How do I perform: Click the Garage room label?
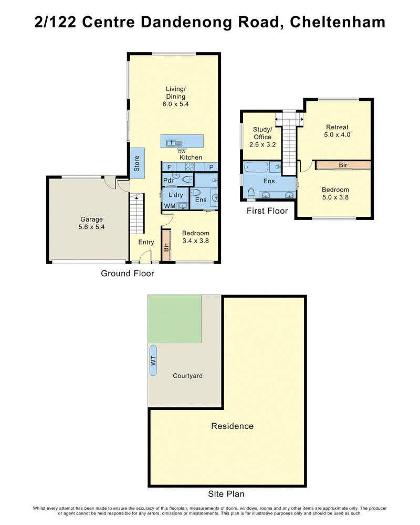[91, 219]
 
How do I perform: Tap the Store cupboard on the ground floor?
[138, 163]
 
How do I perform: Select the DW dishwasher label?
[182, 152]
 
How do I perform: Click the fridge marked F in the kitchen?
[169, 167]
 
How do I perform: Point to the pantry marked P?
[212, 167]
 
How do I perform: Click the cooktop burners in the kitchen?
[190, 167]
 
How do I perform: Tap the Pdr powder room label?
[168, 181]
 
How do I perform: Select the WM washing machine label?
[170, 206]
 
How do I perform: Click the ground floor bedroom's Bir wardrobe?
[166, 245]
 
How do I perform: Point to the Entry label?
[146, 242]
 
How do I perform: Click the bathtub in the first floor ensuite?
[256, 167]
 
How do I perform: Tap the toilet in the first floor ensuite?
[251, 193]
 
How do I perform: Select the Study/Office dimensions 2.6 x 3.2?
[262, 145]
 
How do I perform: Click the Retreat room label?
[337, 127]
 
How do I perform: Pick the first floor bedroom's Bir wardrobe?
[343, 165]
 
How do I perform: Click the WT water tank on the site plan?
[153, 360]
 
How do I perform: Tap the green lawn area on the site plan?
[174, 319]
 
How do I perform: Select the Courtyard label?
[187, 376]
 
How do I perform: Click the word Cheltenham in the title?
[338, 22]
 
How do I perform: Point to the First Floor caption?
[267, 211]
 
